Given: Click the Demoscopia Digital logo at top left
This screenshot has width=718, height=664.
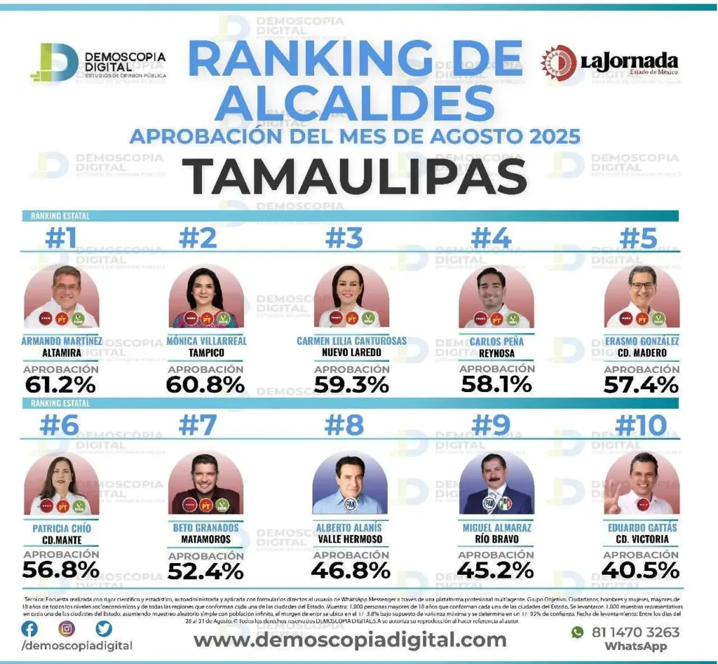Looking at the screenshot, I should [x=98, y=62].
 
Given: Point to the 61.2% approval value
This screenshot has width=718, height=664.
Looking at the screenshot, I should [x=60, y=384].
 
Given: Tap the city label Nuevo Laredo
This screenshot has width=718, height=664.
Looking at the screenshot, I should [x=351, y=352].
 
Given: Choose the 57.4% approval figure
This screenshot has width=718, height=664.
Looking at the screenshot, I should [x=641, y=384].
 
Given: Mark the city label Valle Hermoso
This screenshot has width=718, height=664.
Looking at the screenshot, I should [x=350, y=539].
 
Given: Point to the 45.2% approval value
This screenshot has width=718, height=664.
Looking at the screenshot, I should [x=496, y=571].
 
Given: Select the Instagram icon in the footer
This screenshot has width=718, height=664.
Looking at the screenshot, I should [x=67, y=628].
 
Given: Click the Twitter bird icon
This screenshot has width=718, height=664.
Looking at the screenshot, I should [x=104, y=628].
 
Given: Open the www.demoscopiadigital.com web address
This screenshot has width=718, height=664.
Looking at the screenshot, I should [x=349, y=639].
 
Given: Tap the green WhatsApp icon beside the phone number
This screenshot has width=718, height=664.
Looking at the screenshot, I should [x=577, y=632].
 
